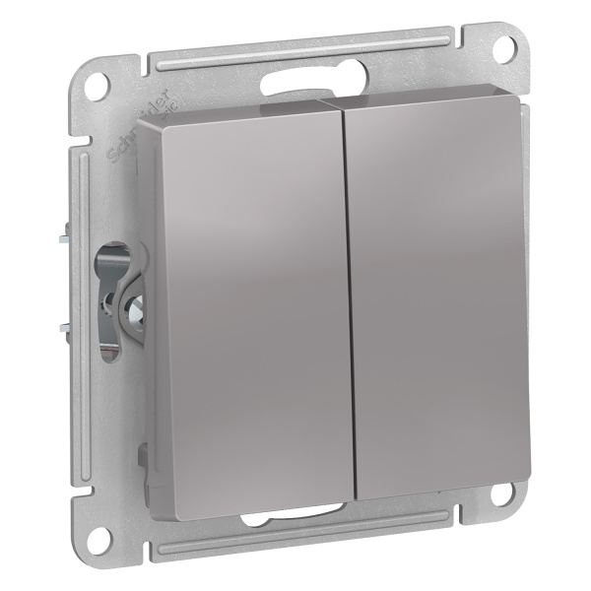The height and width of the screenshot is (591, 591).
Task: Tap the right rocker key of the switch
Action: (x=438, y=286)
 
